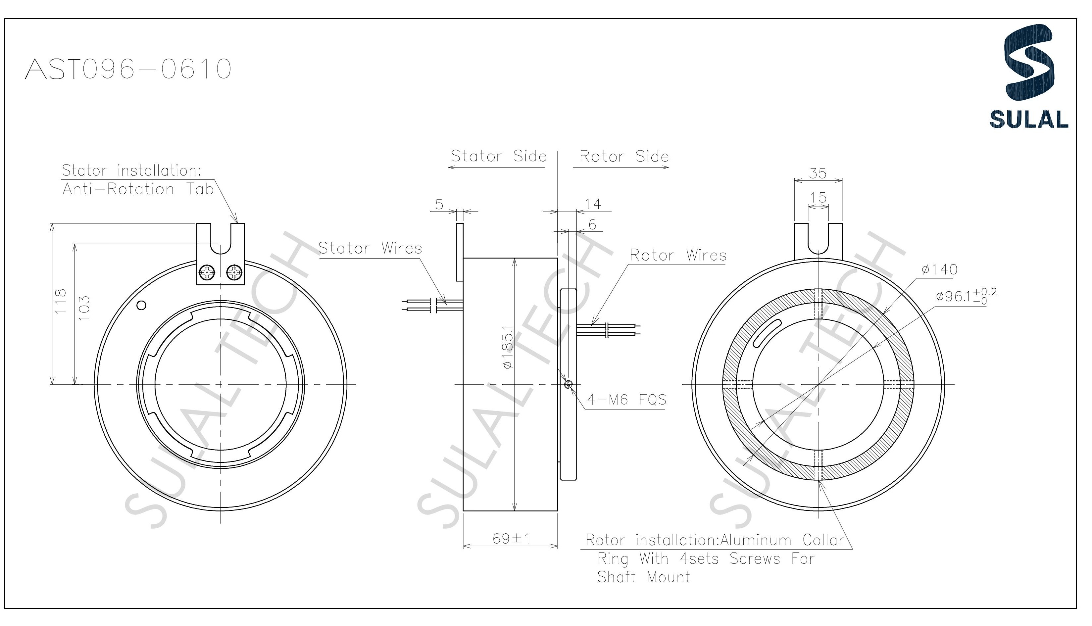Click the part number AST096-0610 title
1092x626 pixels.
coord(128,69)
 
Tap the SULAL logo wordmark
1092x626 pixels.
coord(1028,119)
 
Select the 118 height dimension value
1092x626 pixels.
coord(61,301)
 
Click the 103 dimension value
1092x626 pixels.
coord(84,308)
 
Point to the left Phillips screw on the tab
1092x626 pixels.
coord(207,272)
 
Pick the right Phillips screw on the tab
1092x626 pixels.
coord(235,272)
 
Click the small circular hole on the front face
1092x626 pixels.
coord(141,305)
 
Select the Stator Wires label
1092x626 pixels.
coord(370,249)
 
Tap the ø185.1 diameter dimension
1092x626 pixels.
coord(508,347)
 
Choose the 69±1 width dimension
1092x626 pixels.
coord(511,539)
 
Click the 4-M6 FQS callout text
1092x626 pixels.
coord(626,400)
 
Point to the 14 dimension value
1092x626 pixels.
coord(593,204)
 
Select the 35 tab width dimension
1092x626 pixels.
coord(818,173)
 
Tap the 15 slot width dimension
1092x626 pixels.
coord(818,198)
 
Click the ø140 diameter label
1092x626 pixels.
coord(939,269)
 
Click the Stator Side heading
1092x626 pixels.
coord(499,156)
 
